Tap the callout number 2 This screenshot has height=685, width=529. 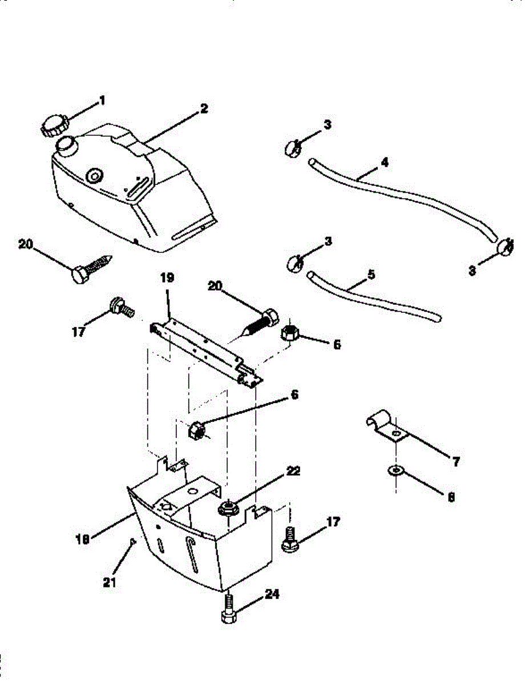(x=204, y=108)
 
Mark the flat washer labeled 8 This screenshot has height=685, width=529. (x=394, y=470)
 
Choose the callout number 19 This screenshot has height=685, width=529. (x=167, y=279)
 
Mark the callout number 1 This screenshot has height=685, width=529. (x=102, y=100)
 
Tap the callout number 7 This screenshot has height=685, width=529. (x=455, y=462)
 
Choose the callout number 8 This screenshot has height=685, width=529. (x=451, y=497)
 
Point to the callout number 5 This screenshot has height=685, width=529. (x=371, y=274)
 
